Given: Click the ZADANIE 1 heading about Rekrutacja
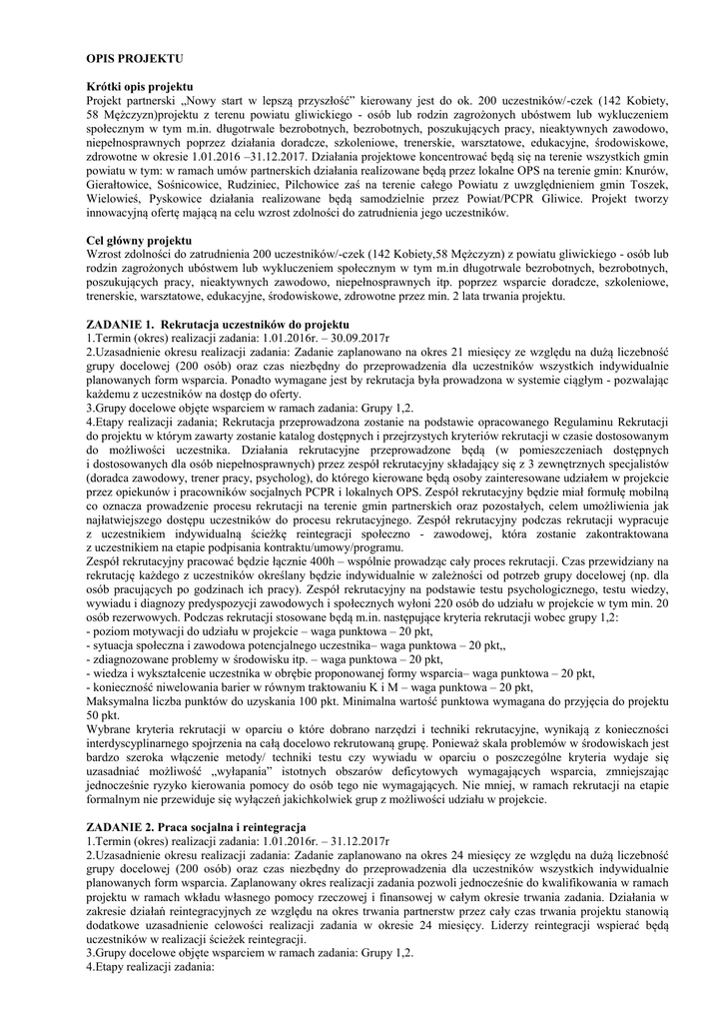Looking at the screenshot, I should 218,326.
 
